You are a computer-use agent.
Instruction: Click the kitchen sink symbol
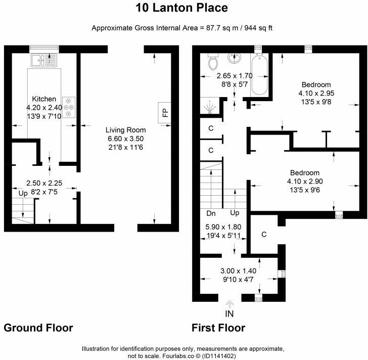click(x=44, y=60)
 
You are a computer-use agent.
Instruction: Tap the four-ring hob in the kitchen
click(x=69, y=107)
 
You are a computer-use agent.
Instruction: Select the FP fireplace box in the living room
click(x=164, y=113)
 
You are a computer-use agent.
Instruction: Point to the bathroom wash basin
click(x=234, y=58)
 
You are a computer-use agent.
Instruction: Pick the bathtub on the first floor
click(x=259, y=74)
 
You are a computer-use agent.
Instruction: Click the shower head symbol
click(x=209, y=107)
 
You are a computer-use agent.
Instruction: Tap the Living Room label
click(x=125, y=130)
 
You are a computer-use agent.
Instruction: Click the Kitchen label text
click(x=44, y=99)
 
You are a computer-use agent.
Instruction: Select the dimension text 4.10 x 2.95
click(x=316, y=93)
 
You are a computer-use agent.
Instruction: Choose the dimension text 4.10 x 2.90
click(x=305, y=181)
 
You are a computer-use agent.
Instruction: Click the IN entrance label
click(x=229, y=313)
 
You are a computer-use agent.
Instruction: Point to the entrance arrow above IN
click(x=229, y=304)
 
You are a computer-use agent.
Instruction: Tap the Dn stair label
click(x=211, y=213)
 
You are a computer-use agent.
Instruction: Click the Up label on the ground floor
click(x=23, y=194)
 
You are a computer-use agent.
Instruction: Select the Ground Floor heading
click(x=38, y=328)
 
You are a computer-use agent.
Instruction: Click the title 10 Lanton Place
click(x=181, y=8)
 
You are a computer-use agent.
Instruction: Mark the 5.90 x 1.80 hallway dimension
click(x=223, y=227)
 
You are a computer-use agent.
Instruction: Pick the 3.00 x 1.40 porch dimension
click(x=238, y=271)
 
